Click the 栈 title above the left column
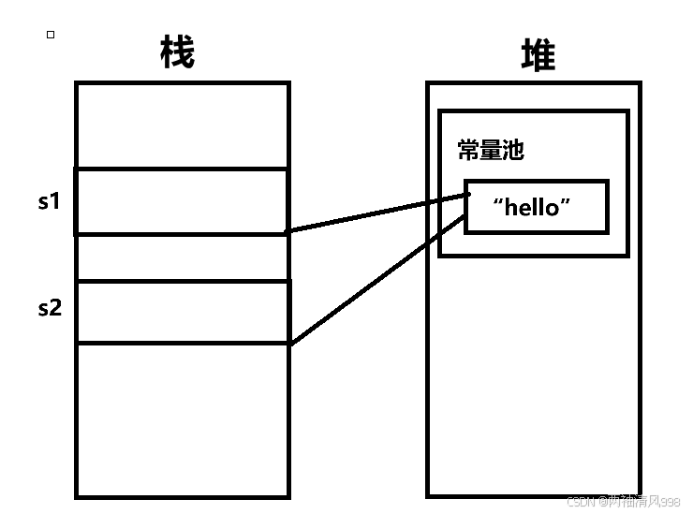(177, 53)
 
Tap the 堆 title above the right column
(538, 55)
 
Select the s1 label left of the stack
(49, 200)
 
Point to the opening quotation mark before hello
(498, 202)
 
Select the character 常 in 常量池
(468, 150)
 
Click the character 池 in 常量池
(513, 150)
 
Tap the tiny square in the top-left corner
(51, 35)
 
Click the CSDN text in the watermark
(582, 502)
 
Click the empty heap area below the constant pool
(534, 374)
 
